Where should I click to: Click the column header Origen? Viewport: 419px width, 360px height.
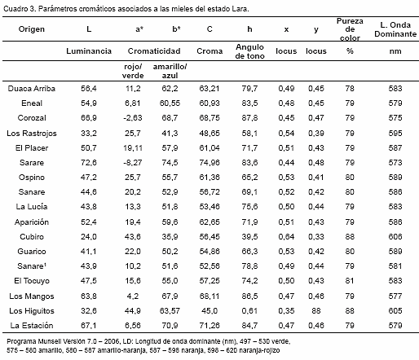(32, 29)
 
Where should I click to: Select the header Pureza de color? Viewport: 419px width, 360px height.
(350, 29)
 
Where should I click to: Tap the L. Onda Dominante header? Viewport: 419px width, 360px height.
(395, 29)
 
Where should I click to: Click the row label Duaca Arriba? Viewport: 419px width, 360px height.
(32, 89)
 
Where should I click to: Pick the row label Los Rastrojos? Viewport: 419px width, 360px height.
(32, 134)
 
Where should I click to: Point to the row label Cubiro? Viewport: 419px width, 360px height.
(32, 237)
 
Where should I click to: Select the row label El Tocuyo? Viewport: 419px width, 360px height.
(32, 281)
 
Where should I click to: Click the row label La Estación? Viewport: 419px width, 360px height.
(32, 325)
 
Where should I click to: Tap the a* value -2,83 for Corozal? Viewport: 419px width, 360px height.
(133, 118)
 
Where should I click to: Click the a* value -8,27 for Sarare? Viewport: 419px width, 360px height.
(133, 163)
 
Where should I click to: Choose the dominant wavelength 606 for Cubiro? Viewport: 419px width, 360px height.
(395, 237)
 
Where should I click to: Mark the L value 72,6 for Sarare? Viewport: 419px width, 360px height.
(89, 163)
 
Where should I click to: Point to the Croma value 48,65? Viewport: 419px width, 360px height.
(209, 134)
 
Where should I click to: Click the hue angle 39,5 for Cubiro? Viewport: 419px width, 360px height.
(249, 237)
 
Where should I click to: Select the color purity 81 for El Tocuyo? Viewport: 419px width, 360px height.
(350, 281)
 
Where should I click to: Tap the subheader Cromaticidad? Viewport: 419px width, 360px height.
(154, 51)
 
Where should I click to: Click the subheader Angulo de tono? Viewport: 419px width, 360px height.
(249, 51)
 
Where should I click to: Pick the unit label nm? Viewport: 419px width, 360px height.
(395, 51)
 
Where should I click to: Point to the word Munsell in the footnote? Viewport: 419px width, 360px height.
(50, 341)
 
